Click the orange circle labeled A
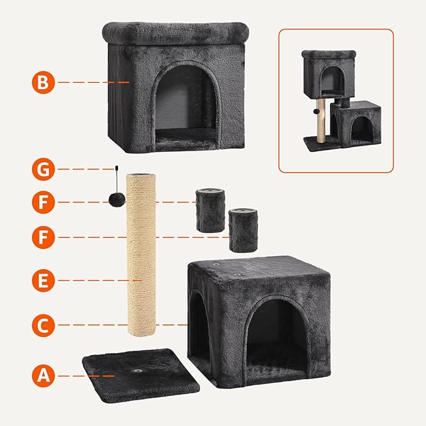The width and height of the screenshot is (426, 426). tap(43, 375)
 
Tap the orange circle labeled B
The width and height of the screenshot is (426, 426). tap(43, 82)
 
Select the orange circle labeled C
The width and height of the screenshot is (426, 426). tap(43, 324)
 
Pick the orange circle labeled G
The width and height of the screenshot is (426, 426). tap(43, 169)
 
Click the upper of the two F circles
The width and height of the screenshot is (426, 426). tap(43, 202)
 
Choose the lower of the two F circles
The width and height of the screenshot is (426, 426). tap(43, 237)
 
